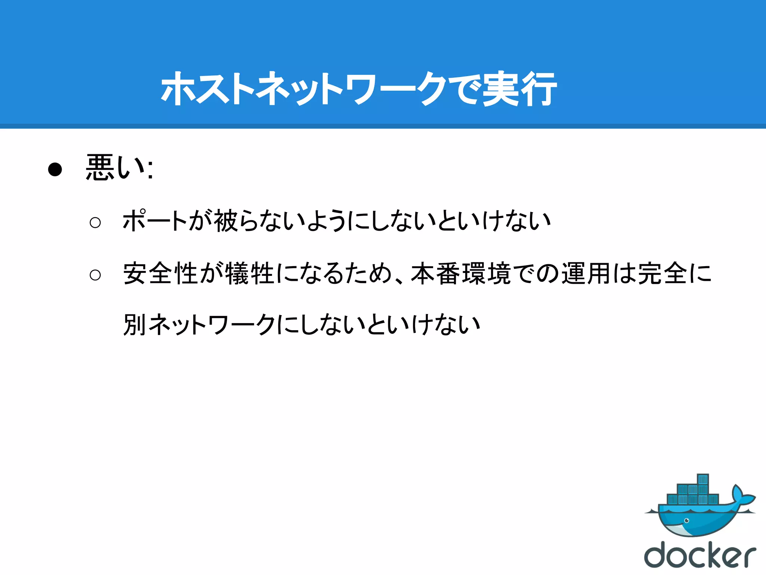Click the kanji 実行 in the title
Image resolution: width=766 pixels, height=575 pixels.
click(519, 89)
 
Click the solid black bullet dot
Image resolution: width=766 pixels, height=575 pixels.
click(55, 170)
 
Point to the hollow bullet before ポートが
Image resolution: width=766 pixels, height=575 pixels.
click(95, 223)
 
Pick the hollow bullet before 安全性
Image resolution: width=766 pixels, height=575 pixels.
click(95, 275)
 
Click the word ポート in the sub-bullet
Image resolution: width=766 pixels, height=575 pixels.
click(155, 221)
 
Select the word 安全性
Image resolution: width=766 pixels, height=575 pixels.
click(161, 273)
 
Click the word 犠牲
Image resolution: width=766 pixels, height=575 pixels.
click(251, 273)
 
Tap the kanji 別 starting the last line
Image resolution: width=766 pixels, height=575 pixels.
click(135, 325)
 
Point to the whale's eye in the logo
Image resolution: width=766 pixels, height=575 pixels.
click(687, 521)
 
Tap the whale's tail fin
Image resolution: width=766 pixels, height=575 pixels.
click(742, 496)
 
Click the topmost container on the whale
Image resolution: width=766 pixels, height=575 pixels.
click(703, 480)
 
